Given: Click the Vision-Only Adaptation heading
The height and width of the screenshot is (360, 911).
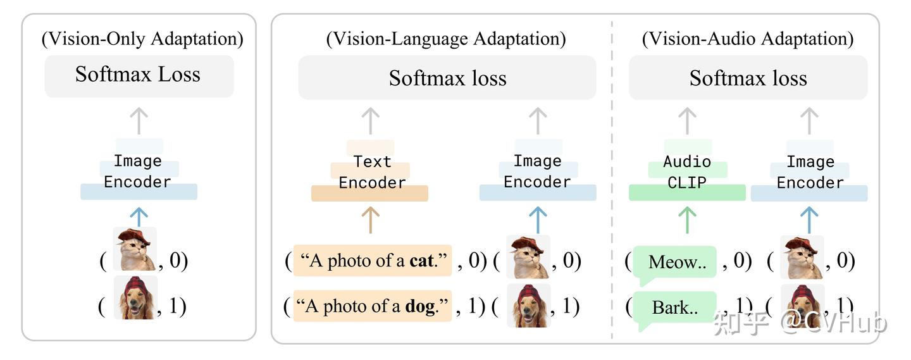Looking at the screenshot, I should point(142,39).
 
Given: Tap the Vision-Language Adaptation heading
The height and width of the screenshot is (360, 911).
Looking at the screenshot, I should point(446,39).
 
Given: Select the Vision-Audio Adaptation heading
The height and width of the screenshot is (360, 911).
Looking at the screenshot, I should point(748,39).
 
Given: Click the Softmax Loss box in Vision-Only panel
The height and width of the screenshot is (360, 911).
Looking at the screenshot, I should point(139,75).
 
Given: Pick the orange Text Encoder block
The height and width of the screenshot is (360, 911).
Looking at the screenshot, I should point(371,172).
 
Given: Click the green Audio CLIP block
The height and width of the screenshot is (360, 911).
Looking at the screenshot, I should point(687,172).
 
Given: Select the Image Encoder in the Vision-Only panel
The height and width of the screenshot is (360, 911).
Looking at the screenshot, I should point(138,171).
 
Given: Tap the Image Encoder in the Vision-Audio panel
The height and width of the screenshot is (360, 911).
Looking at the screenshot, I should point(810,172).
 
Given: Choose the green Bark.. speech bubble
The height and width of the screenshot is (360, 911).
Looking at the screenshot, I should point(674,308).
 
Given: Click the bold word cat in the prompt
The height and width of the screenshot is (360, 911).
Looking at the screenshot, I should point(422,261).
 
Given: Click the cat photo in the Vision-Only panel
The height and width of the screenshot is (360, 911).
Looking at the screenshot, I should point(135,250).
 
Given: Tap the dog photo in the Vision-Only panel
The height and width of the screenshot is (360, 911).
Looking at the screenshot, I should point(135,297).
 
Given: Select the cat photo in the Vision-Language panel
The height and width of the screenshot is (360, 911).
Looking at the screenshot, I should point(528,257).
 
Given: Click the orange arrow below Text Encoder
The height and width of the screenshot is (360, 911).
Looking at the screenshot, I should point(370,219).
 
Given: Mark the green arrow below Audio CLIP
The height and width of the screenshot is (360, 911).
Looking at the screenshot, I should point(687,219).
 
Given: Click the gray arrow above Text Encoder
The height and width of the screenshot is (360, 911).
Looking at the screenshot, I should point(370,120).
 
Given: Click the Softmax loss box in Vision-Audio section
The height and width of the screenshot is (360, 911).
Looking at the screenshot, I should point(748,78).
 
